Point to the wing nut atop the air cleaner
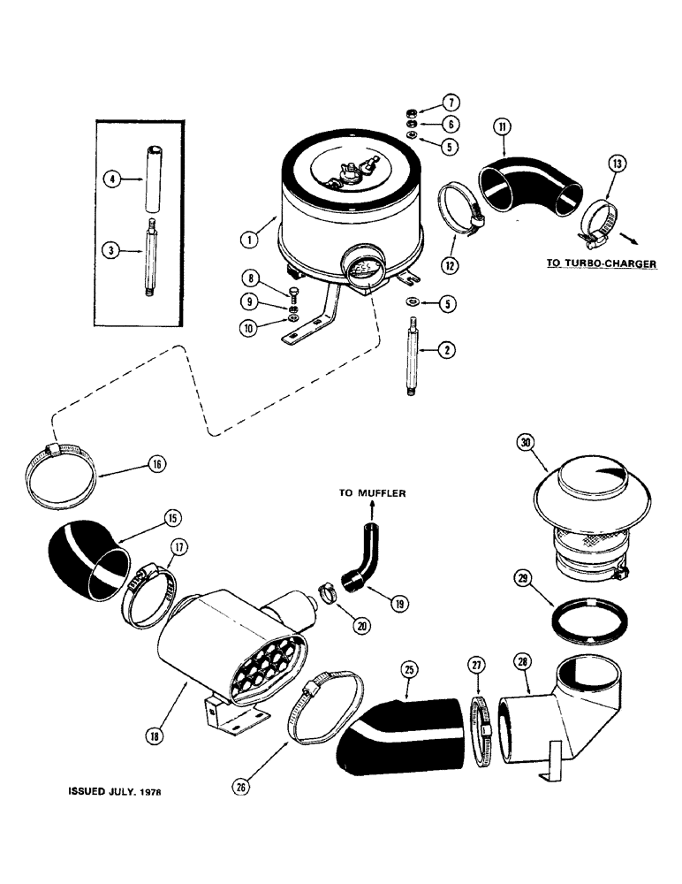(x=352, y=170)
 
